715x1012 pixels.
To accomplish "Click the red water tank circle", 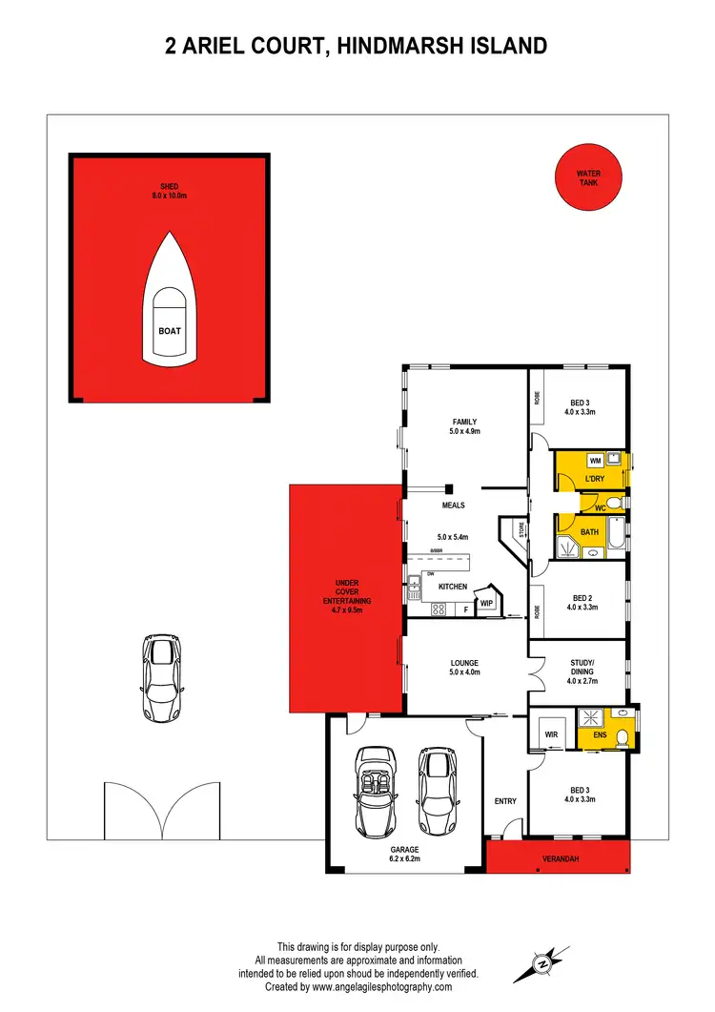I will [x=588, y=176].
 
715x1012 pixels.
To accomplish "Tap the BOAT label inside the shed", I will [x=169, y=331].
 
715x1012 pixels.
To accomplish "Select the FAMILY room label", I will [x=464, y=422].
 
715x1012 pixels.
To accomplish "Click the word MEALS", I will [x=453, y=506].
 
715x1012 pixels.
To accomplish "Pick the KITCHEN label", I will [x=453, y=587].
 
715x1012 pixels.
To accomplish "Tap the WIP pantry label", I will [x=486, y=604].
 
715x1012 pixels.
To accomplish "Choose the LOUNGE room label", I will [x=464, y=663].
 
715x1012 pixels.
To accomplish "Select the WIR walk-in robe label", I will [x=551, y=735].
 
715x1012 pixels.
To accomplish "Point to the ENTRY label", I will [x=504, y=801].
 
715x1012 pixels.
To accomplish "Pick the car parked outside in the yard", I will [x=161, y=677].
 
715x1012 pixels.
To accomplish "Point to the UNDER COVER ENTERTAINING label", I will [x=347, y=596].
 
